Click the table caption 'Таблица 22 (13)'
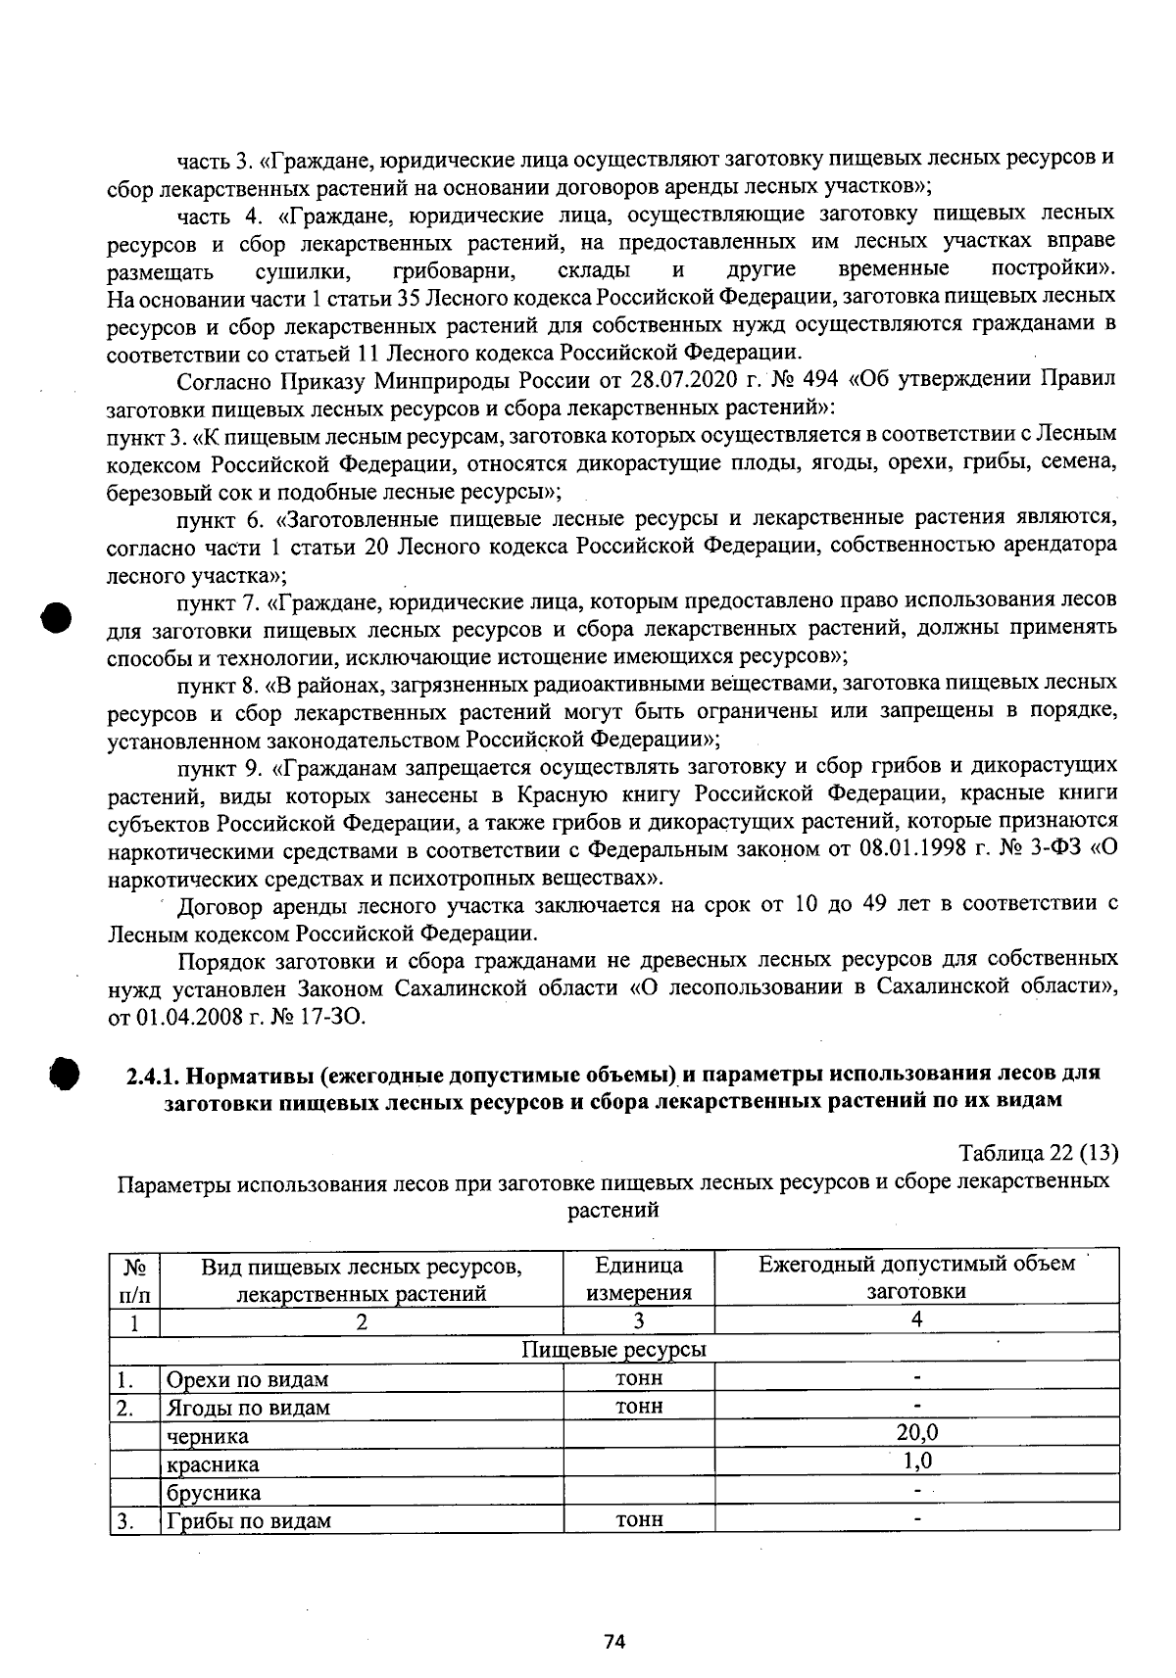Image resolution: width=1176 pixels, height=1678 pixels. (x=1038, y=1152)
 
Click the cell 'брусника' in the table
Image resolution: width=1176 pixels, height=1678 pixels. (x=214, y=1493)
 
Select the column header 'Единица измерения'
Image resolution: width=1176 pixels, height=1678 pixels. (x=639, y=1277)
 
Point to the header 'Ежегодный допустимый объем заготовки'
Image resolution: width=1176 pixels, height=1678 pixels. (x=916, y=1277)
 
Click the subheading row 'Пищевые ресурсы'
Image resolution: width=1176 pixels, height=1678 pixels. (x=613, y=1350)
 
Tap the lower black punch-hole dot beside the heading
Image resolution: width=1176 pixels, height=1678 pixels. (x=64, y=1072)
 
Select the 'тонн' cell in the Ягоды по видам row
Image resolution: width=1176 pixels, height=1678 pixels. (x=639, y=1407)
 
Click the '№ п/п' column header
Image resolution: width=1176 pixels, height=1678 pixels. (x=135, y=1277)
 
